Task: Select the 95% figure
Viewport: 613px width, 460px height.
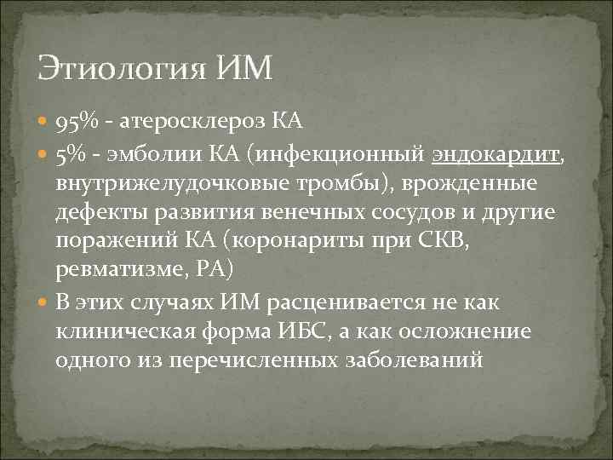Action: [x=77, y=124]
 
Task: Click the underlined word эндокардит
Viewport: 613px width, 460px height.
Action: [x=507, y=155]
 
